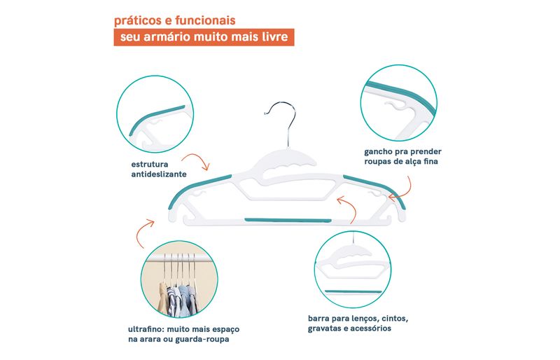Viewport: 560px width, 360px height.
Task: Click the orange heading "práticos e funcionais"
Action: point(174,20)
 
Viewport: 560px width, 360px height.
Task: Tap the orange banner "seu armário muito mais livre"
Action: point(204,37)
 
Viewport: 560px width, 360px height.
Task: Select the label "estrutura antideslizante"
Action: point(159,169)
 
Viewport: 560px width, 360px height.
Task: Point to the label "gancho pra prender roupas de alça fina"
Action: point(403,156)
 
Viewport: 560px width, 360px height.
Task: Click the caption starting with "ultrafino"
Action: point(183,334)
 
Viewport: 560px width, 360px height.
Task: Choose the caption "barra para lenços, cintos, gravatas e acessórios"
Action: point(358,323)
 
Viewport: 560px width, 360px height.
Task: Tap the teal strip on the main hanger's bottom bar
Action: point(288,220)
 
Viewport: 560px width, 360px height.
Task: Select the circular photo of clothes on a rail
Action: point(179,279)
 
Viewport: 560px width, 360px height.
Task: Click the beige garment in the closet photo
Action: point(163,298)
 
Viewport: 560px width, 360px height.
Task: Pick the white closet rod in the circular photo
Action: point(180,258)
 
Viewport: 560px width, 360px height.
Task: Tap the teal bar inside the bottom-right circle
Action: point(353,292)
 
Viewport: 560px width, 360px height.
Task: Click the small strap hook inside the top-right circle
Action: point(395,105)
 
